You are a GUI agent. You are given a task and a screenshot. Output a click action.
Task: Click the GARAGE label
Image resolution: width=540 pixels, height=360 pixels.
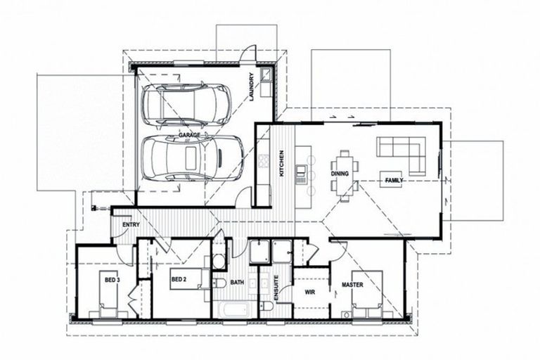(189, 134)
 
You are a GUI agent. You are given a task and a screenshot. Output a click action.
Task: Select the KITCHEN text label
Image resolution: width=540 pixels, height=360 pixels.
(281, 162)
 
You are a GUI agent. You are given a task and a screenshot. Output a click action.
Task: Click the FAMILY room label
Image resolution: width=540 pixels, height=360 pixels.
(394, 181)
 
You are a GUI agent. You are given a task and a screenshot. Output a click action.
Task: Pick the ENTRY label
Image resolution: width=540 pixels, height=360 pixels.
(131, 225)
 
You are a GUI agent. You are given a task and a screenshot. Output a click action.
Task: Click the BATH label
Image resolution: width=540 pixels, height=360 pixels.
(237, 283)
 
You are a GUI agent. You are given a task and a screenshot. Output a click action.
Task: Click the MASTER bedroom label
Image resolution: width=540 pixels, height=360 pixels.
(352, 285)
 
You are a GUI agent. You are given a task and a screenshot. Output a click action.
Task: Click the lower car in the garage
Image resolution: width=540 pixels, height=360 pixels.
(192, 157)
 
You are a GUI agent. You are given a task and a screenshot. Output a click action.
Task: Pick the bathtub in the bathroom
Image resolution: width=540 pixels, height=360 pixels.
(235, 309)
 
